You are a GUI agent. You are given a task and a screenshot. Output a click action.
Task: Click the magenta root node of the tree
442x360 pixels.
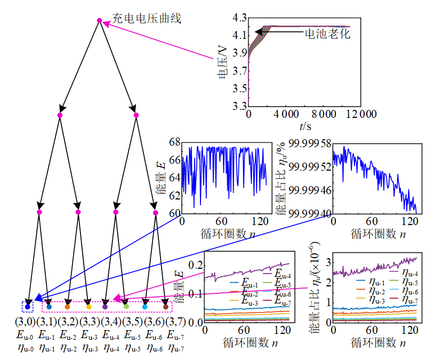pos(99,21)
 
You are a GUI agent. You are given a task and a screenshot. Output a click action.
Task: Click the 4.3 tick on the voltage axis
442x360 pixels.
pos(240,18)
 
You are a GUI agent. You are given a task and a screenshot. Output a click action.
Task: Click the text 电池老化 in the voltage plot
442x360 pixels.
pos(326,33)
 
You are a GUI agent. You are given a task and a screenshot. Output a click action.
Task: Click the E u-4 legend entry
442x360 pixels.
pos(281,276)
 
